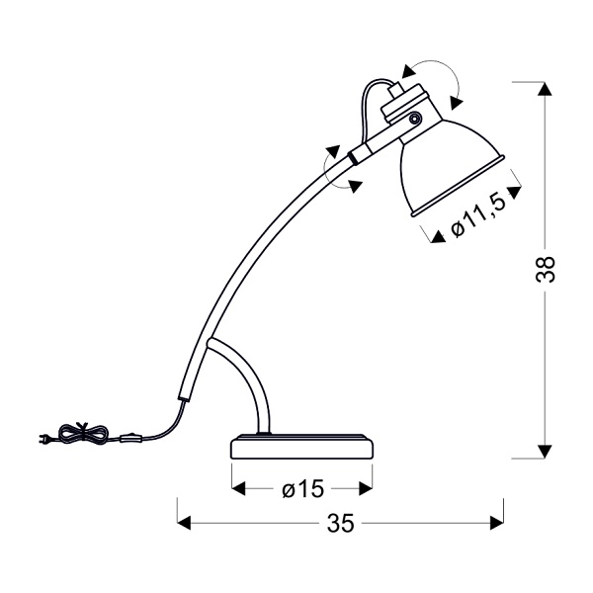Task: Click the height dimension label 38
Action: click(x=545, y=269)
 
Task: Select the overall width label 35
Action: click(x=341, y=523)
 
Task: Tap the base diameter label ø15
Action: click(x=303, y=489)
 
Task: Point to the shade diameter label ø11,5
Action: click(x=477, y=216)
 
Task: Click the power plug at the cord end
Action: click(x=45, y=439)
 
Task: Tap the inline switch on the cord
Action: click(x=130, y=439)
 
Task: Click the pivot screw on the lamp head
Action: click(x=414, y=119)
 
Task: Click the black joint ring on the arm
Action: click(x=353, y=157)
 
